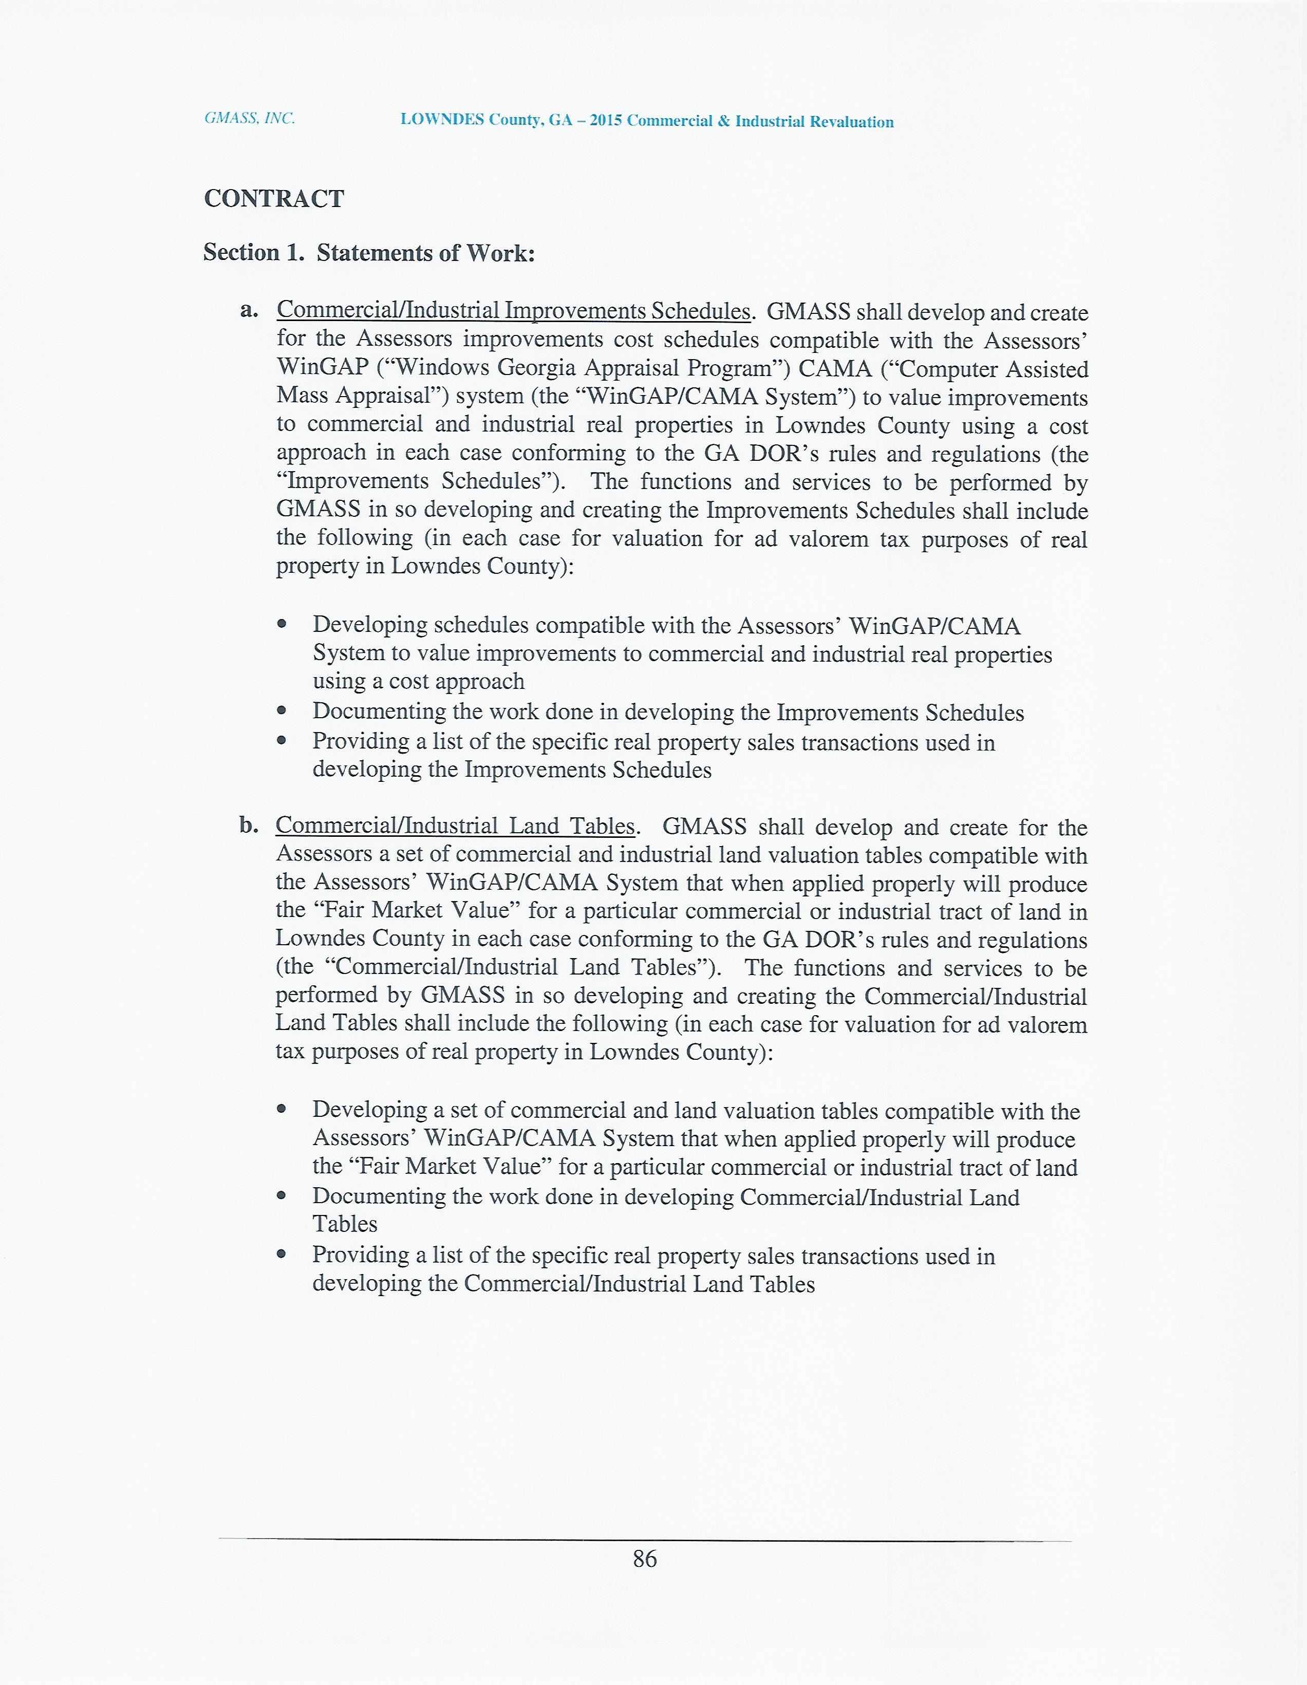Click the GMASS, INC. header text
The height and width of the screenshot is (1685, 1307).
point(249,119)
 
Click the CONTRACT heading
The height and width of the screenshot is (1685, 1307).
point(274,199)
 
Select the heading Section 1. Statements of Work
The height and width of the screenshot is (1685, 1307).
point(369,253)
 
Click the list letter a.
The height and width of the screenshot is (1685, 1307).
point(249,311)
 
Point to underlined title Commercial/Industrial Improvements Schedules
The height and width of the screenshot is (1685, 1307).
point(513,311)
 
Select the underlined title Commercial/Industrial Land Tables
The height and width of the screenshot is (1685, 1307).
point(455,826)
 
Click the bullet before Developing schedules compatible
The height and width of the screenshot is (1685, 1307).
point(283,623)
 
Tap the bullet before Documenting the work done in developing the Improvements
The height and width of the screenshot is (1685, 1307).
point(283,710)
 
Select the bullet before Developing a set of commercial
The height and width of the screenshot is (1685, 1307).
point(283,1109)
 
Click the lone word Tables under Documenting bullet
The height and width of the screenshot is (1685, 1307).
point(345,1224)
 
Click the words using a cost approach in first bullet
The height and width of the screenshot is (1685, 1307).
point(418,681)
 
